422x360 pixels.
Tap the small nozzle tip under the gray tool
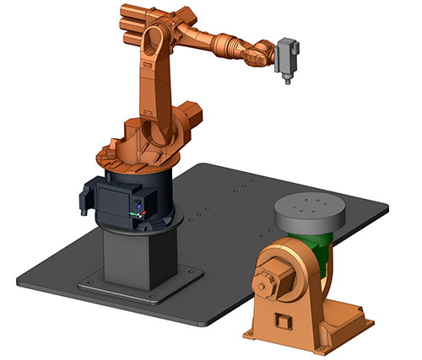[x=287, y=83]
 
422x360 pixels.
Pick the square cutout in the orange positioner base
[x=283, y=321]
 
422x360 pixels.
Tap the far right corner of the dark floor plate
[x=387, y=204]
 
